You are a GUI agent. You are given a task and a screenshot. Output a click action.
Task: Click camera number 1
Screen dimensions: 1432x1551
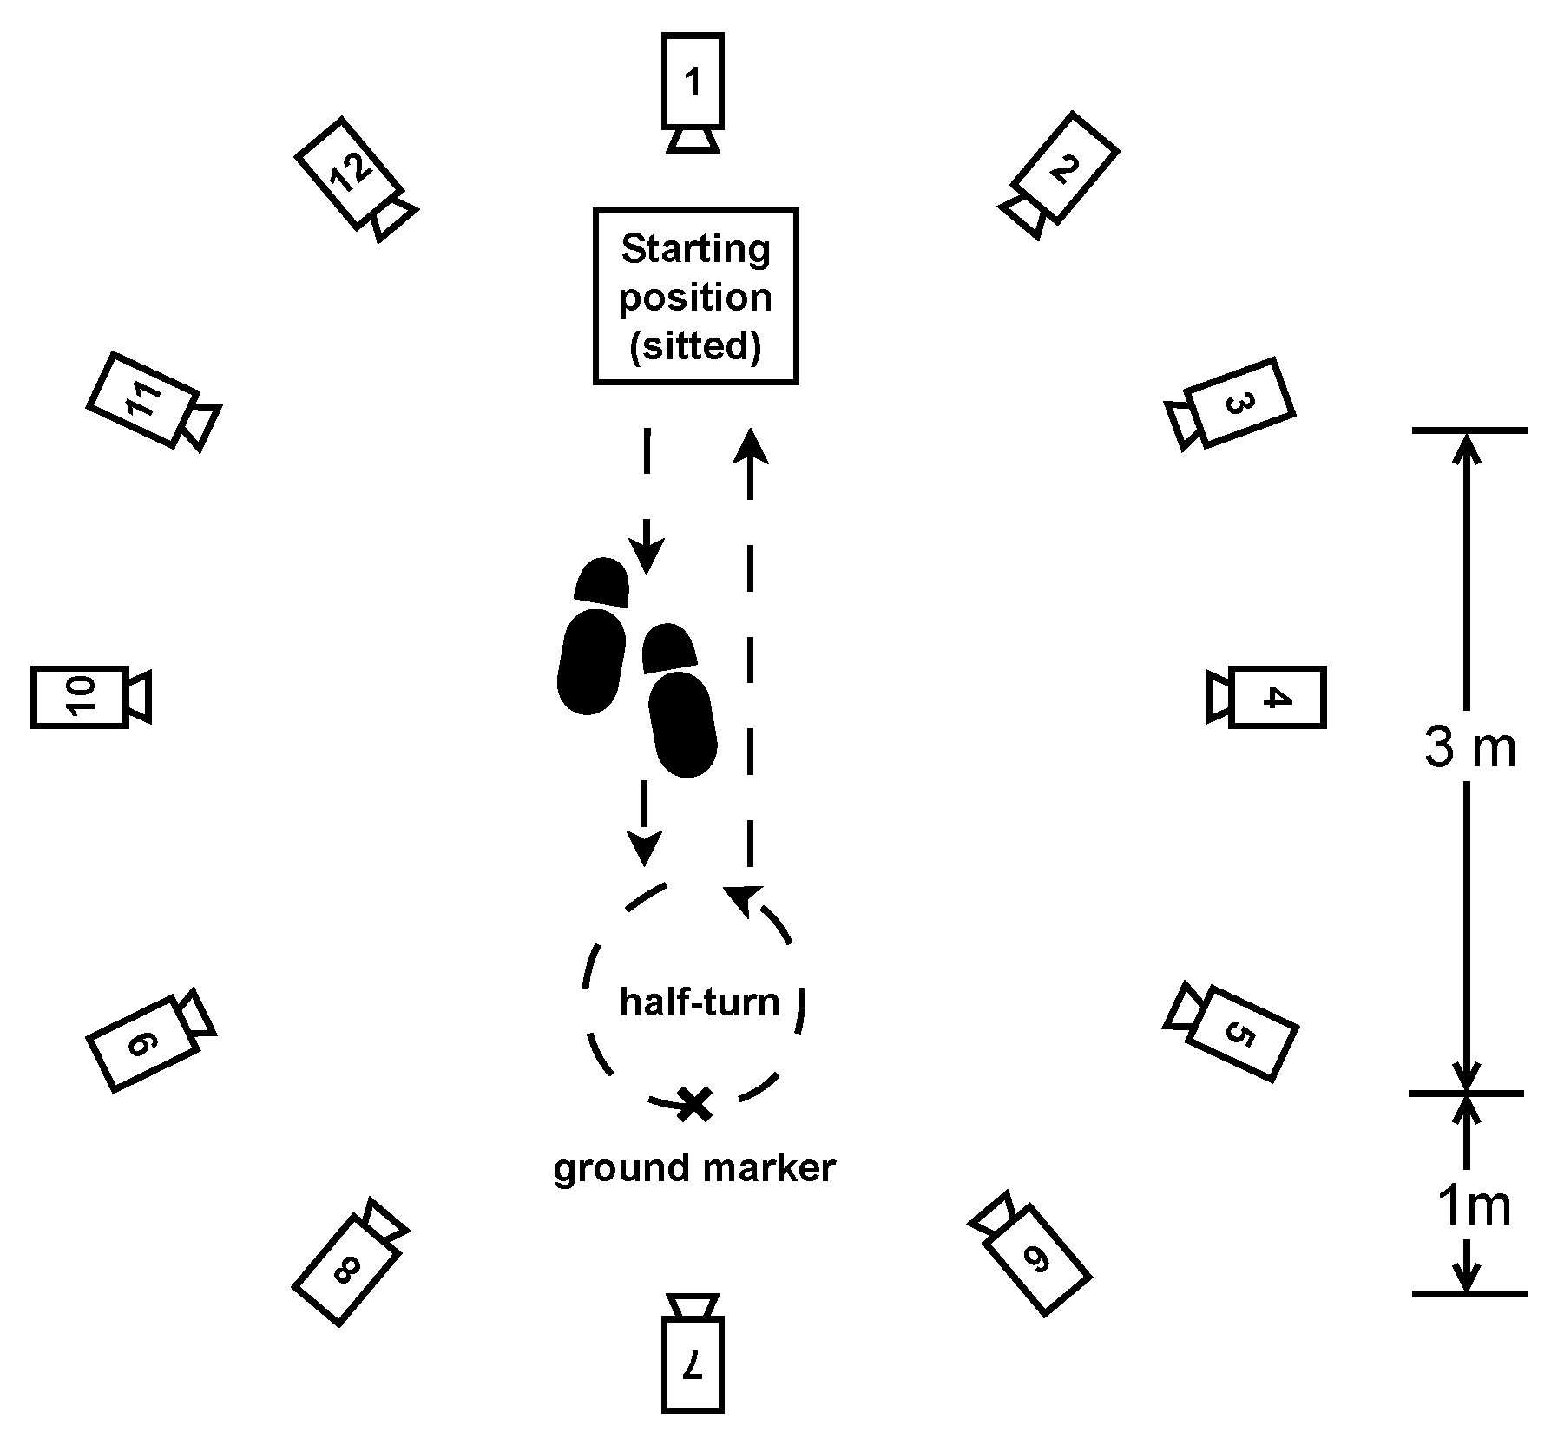coord(693,83)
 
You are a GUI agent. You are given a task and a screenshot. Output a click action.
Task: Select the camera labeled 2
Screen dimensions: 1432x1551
coord(1064,168)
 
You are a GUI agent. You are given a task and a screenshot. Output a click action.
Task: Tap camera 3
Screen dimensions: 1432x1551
coord(1239,403)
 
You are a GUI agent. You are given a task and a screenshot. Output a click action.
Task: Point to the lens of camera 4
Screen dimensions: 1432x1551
coord(1219,697)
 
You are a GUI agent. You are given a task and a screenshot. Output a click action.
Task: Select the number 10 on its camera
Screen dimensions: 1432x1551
coord(80,697)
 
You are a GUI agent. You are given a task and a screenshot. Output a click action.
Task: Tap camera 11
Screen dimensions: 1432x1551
coord(143,398)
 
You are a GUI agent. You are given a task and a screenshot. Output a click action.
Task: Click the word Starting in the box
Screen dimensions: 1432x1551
coord(695,249)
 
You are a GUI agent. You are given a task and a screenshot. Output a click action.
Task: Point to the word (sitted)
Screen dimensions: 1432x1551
coord(695,346)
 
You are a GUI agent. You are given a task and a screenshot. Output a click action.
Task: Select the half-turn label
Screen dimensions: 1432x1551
coord(700,1002)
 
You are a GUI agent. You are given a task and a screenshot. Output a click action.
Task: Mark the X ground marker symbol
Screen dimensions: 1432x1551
coord(694,1104)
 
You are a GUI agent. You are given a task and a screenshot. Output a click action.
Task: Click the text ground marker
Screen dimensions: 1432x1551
coord(694,1168)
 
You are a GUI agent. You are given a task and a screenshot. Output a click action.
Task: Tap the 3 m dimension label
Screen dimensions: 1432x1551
coord(1469,747)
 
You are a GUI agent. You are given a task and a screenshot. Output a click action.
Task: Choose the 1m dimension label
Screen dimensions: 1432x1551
coord(1473,1205)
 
